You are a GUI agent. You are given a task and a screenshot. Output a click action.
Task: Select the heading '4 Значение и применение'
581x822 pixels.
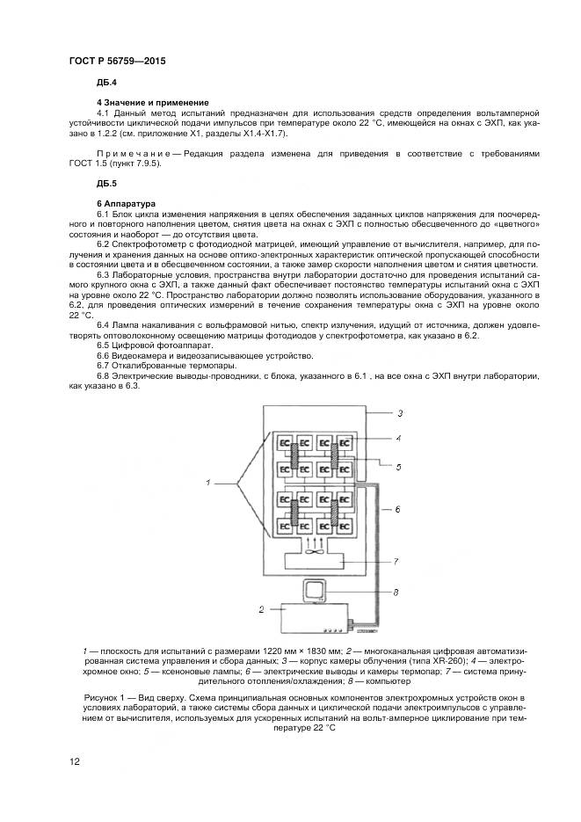click(x=147, y=103)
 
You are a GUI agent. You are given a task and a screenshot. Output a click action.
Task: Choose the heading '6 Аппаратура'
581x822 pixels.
click(x=126, y=203)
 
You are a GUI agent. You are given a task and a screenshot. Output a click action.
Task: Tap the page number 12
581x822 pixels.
click(x=75, y=760)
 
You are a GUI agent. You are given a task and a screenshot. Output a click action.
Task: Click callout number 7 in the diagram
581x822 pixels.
click(x=396, y=561)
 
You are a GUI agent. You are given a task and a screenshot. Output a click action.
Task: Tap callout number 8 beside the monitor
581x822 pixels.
click(x=396, y=592)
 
